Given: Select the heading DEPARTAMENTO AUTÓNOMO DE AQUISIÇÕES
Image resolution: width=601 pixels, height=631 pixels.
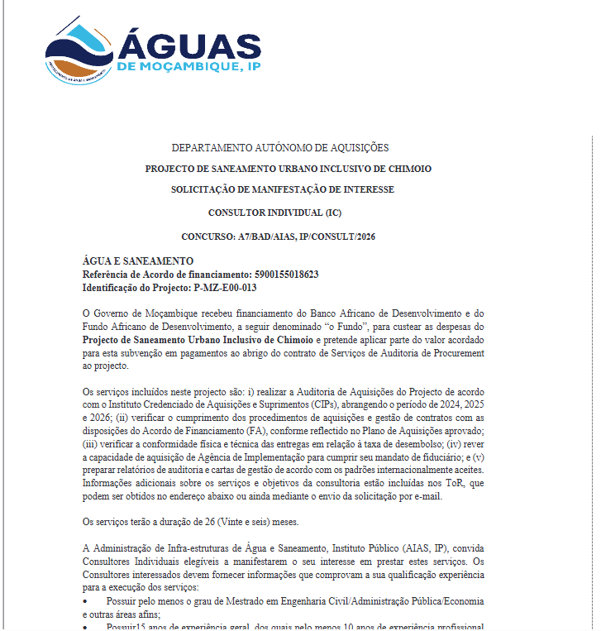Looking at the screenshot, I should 279,148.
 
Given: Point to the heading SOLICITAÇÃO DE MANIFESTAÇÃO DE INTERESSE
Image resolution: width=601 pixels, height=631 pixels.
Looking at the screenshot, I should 283,189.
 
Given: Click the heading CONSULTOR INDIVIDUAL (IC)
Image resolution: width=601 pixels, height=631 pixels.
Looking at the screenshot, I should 274,213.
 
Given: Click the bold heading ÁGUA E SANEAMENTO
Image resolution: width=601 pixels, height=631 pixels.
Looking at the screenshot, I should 138,261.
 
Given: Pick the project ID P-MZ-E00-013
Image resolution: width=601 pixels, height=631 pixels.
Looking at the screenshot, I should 225,287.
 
